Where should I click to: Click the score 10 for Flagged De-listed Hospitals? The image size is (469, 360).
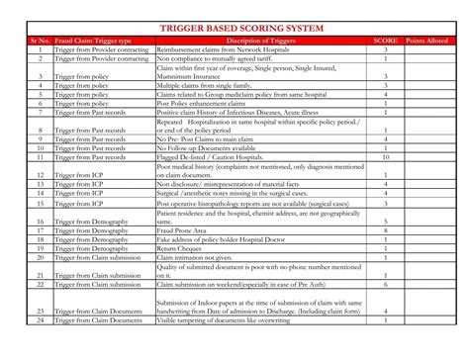(384, 156)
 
